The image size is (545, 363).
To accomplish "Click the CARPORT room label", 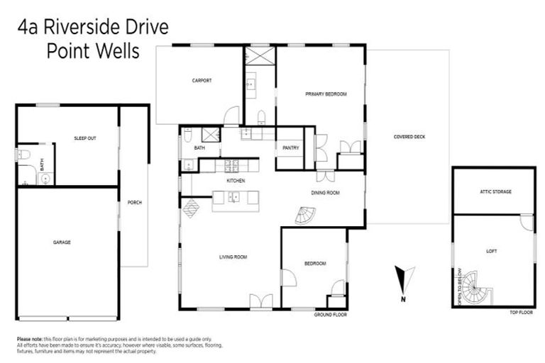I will click(202, 81).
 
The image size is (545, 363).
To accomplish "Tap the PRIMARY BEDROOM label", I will click(326, 94).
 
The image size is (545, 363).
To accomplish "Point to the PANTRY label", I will click(290, 148).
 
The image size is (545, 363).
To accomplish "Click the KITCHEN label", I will click(236, 181).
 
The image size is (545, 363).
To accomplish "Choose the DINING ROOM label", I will click(325, 193).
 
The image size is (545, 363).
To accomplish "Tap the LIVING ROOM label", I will click(233, 257).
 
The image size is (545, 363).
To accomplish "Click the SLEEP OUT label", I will click(84, 138).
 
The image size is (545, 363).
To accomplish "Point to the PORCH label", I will click(134, 203).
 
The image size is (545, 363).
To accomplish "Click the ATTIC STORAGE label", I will click(495, 192).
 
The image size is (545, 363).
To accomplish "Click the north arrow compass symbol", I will click(403, 280).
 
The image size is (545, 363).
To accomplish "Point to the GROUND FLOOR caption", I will click(330, 314).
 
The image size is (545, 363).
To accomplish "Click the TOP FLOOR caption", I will click(521, 313).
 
